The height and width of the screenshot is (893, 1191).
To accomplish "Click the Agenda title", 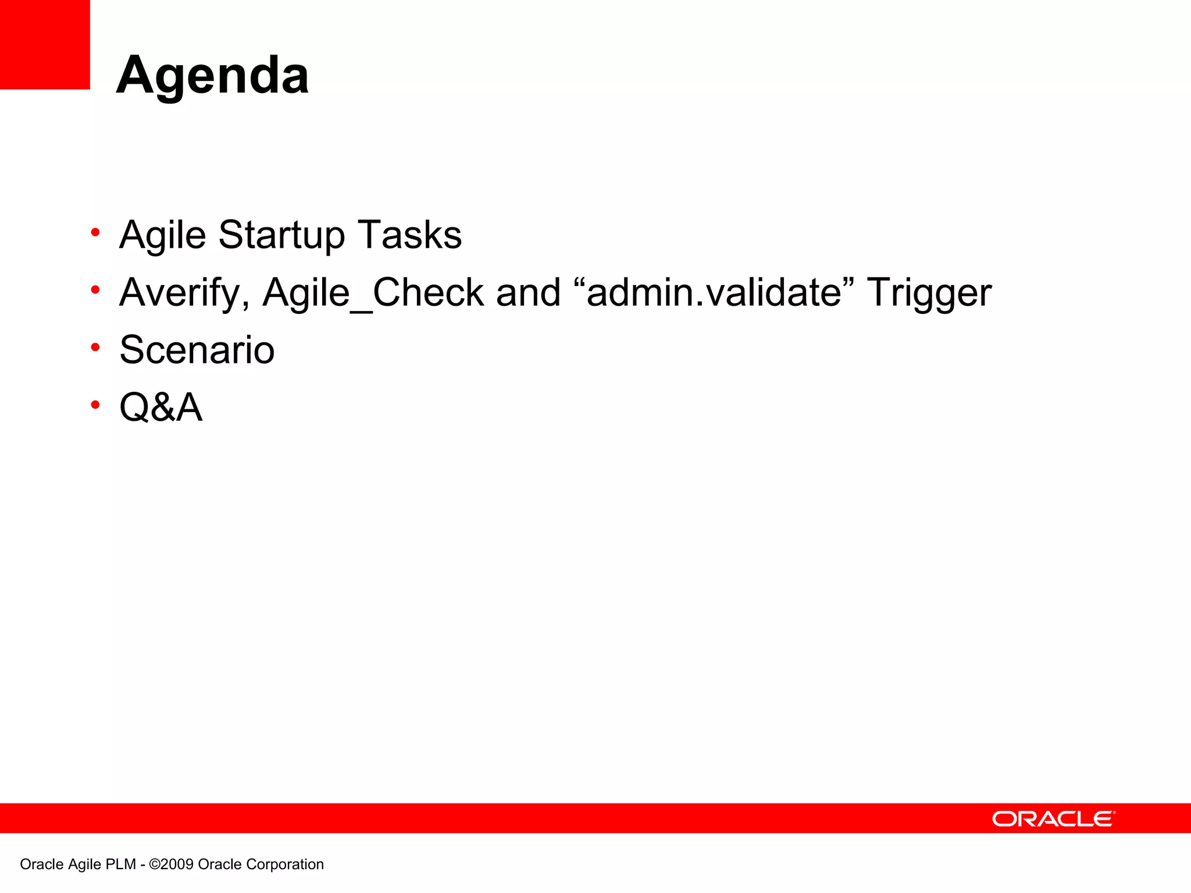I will pyautogui.click(x=212, y=76).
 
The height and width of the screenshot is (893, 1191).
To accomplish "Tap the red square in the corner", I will pyautogui.click(x=45, y=44).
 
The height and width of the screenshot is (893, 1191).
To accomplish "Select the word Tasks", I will pyautogui.click(x=409, y=235).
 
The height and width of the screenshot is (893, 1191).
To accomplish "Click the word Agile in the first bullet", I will pyautogui.click(x=163, y=236).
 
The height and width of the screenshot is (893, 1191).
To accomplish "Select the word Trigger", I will pyautogui.click(x=929, y=292).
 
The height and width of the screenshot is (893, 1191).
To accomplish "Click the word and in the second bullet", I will pyautogui.click(x=528, y=292).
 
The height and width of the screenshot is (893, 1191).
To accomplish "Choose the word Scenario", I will pyautogui.click(x=197, y=350).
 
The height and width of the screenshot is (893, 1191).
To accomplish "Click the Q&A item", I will pyautogui.click(x=161, y=407).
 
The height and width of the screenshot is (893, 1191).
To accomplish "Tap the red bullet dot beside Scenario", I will pyautogui.click(x=95, y=347).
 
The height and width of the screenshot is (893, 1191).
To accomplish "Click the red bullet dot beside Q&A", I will pyautogui.click(x=95, y=404).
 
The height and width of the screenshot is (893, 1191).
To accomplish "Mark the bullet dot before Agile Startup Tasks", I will pyautogui.click(x=95, y=233).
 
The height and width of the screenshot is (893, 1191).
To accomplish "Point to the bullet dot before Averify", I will pyautogui.click(x=95, y=290).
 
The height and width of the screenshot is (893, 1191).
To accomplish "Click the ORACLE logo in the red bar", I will pyautogui.click(x=1053, y=819).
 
